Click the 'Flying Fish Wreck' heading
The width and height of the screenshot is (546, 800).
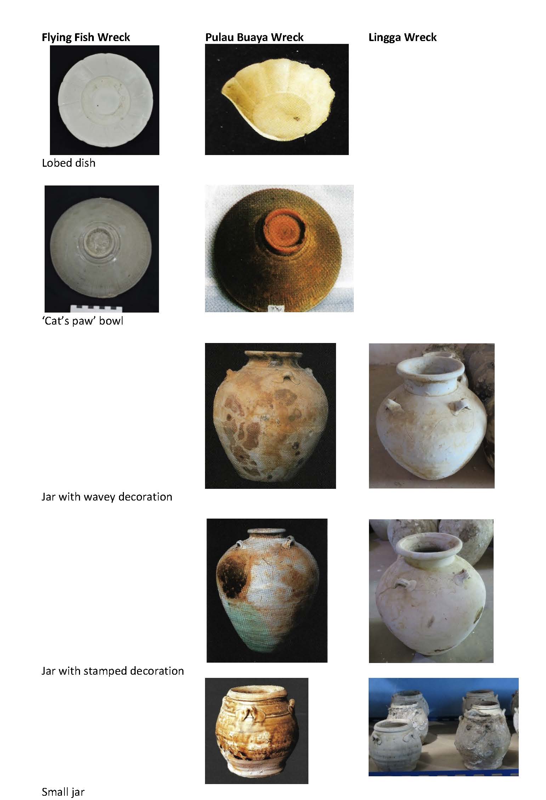point(86,38)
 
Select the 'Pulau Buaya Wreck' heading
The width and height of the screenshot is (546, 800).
point(254,38)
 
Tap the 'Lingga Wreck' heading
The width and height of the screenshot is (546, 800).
point(403,38)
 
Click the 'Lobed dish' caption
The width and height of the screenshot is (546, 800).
point(69,163)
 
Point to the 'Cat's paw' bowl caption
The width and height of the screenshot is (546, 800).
point(83,321)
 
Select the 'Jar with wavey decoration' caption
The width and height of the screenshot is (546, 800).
point(107,497)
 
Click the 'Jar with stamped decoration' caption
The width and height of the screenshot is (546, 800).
point(113,671)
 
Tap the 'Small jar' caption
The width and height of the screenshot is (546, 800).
point(63,792)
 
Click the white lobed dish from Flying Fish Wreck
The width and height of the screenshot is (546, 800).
point(105,100)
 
